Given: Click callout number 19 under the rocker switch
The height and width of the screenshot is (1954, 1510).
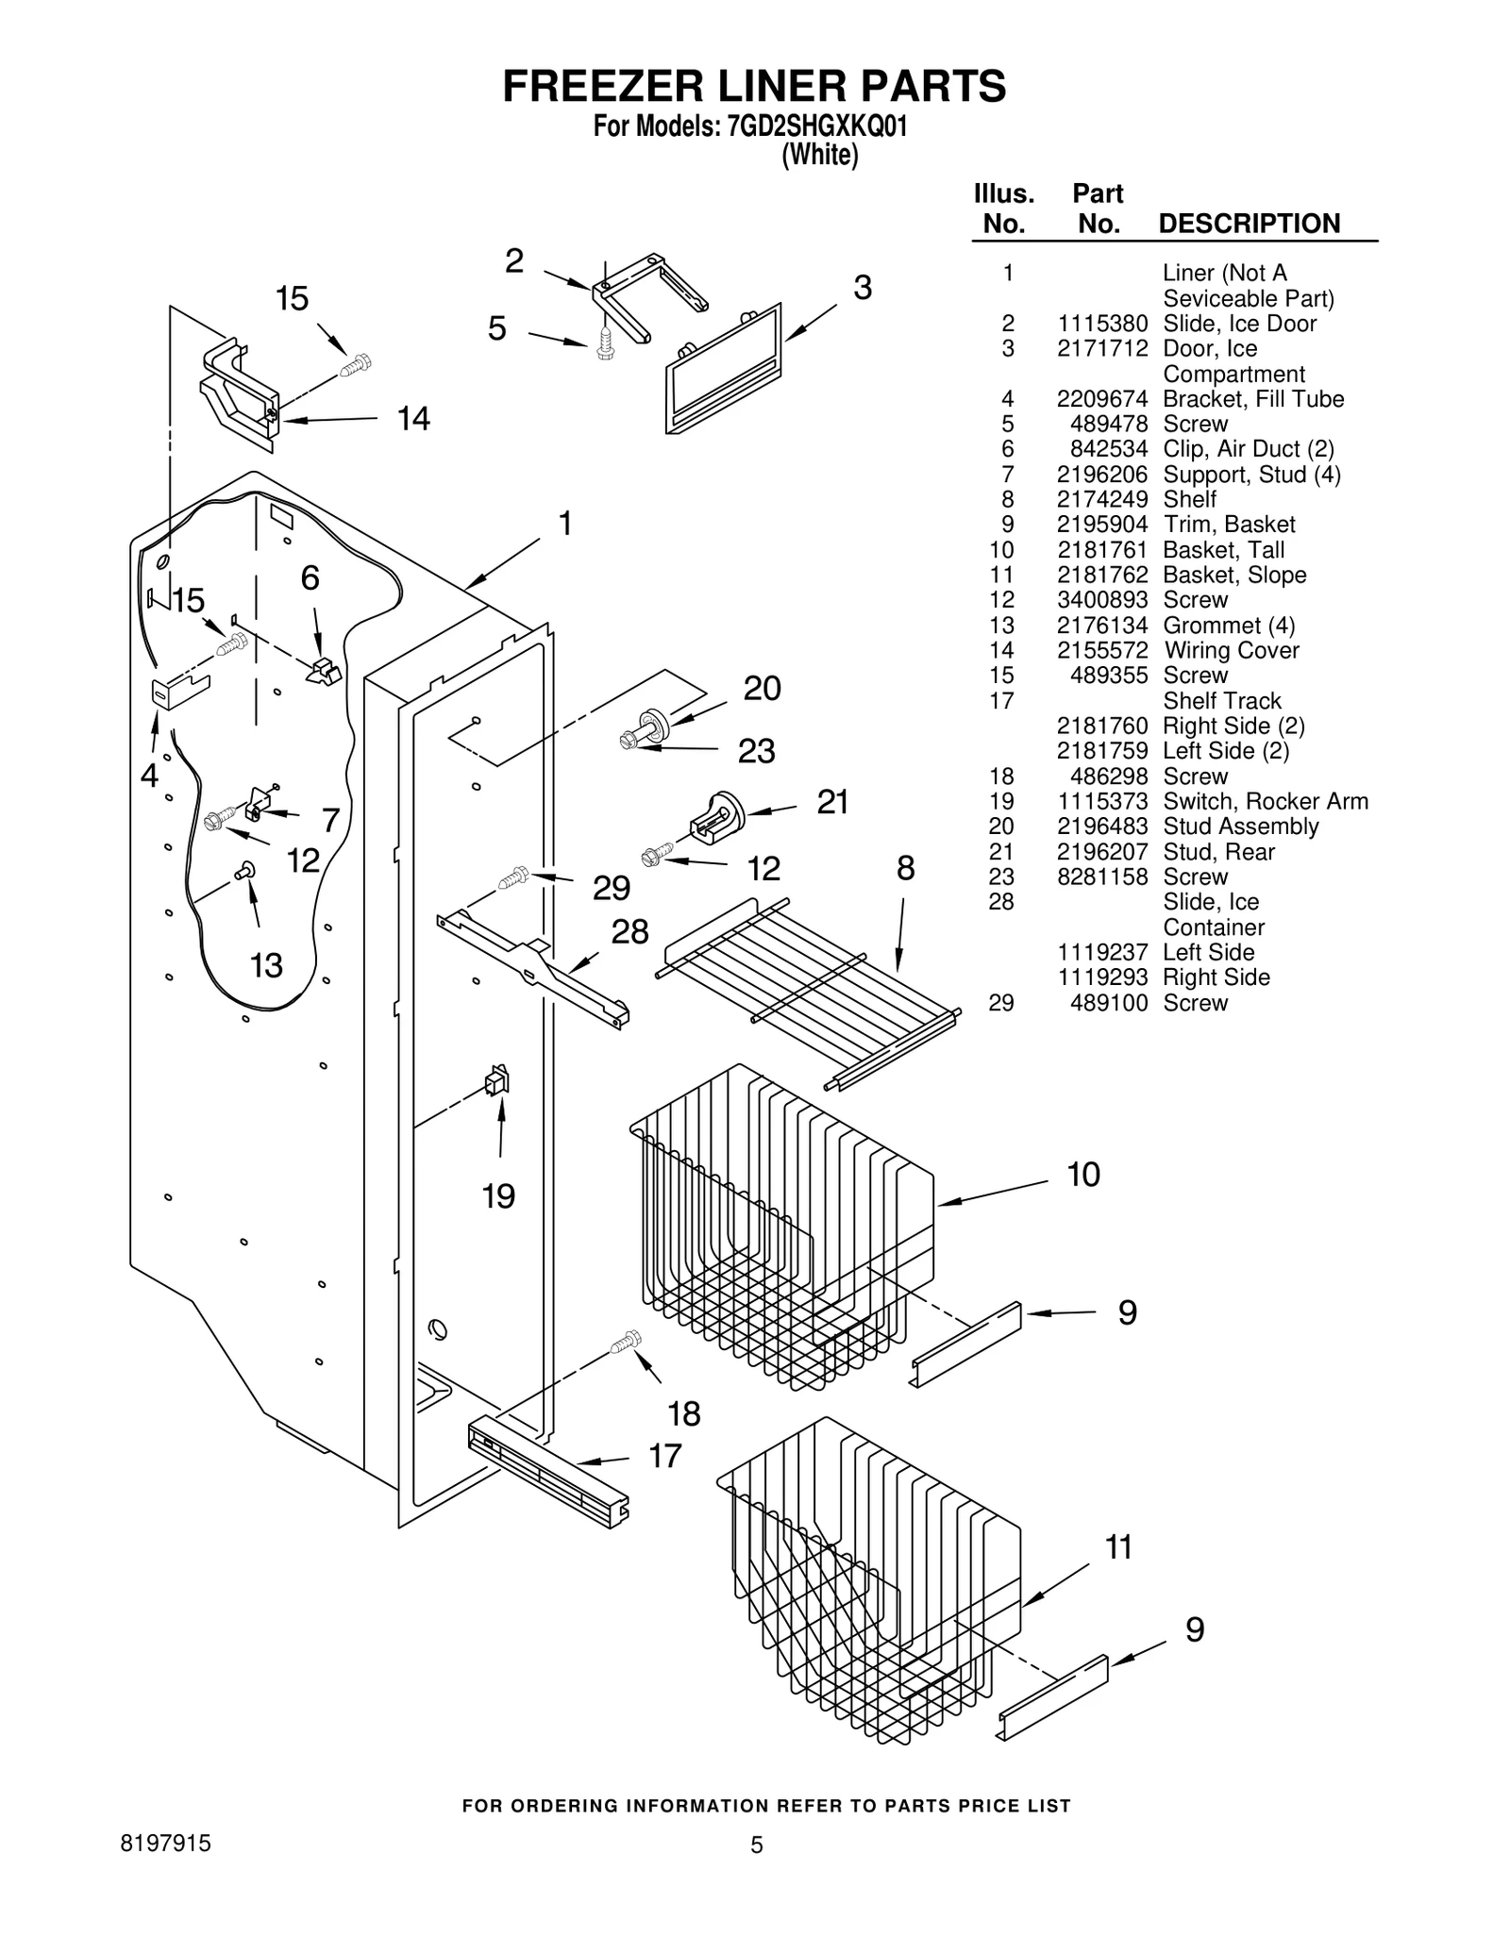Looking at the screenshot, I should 498,1196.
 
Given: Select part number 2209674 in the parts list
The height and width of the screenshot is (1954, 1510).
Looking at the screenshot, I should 1101,399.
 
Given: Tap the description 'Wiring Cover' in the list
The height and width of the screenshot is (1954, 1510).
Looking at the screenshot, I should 1231,650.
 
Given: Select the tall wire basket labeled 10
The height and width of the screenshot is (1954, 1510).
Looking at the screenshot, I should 783,1227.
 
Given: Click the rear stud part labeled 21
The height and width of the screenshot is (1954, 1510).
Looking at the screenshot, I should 714,815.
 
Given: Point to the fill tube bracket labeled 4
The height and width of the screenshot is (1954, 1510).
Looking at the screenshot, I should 180,692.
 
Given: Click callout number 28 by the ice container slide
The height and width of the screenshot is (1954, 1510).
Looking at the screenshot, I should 629,931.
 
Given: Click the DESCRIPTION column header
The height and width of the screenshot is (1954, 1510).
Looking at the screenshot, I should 1248,224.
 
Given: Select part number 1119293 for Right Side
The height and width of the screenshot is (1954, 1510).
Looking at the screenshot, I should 1101,977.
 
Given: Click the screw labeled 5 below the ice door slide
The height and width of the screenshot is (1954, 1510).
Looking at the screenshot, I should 605,341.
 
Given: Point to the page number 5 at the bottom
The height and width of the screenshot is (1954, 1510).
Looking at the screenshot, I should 756,1845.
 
